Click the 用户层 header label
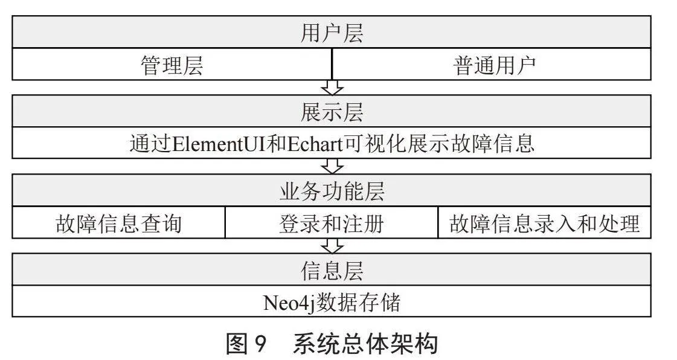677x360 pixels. click(332, 33)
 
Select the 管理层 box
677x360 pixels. click(172, 64)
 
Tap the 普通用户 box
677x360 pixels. click(492, 64)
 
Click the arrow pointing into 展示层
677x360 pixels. click(332, 87)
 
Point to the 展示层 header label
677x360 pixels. click(332, 112)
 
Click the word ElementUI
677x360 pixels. click(219, 144)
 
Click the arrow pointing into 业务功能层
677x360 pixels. click(332, 166)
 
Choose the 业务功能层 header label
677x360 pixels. click(332, 191)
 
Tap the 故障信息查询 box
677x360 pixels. click(119, 223)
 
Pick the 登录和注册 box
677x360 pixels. click(332, 223)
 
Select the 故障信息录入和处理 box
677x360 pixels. click(545, 223)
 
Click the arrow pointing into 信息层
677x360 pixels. click(332, 246)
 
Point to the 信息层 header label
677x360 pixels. click(332, 270)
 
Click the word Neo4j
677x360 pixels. click(289, 303)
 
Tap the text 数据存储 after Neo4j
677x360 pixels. click(358, 302)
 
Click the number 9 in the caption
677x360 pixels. click(259, 344)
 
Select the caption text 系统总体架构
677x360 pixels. click(365, 344)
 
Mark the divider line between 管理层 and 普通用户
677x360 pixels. click(332, 64)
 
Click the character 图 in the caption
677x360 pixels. click(237, 344)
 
